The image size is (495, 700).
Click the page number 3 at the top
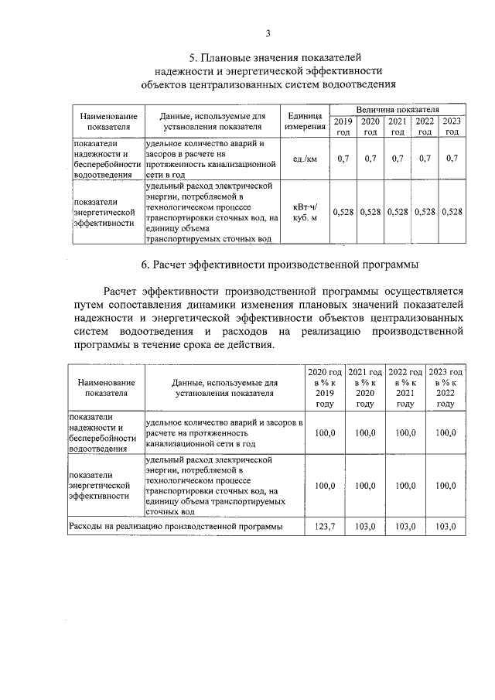(x=268, y=32)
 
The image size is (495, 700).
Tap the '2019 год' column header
(x=343, y=126)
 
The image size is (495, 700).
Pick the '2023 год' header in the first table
(x=452, y=126)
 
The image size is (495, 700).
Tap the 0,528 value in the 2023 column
(x=452, y=211)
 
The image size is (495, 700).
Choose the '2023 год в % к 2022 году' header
(x=445, y=388)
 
